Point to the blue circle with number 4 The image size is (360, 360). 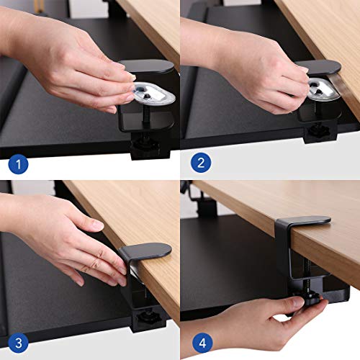201,343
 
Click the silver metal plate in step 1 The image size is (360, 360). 150,91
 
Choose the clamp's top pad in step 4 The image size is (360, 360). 302,220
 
